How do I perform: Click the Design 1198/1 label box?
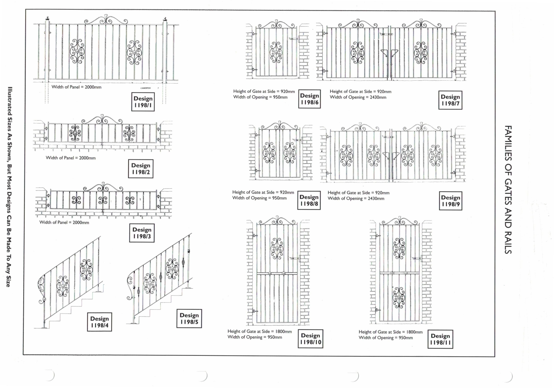pyautogui.click(x=143, y=102)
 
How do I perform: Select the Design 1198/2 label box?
pyautogui.click(x=141, y=168)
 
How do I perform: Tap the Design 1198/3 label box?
pyautogui.click(x=142, y=233)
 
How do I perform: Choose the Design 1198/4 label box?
pyautogui.click(x=99, y=322)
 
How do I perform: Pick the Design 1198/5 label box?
pyautogui.click(x=189, y=319)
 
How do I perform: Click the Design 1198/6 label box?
pyautogui.click(x=309, y=99)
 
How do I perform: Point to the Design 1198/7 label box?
pyautogui.click(x=450, y=100)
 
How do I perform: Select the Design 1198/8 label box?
pyautogui.click(x=309, y=200)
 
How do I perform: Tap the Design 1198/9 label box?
pyautogui.click(x=450, y=201)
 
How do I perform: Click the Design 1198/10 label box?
pyautogui.click(x=310, y=339)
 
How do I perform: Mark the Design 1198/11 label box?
pyautogui.click(x=440, y=339)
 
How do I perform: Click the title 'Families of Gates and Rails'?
pyautogui.click(x=508, y=190)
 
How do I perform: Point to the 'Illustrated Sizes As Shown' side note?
pyautogui.click(x=10, y=187)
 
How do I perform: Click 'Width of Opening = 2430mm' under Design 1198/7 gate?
pyautogui.click(x=358, y=97)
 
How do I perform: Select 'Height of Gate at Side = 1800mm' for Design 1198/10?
pyautogui.click(x=260, y=331)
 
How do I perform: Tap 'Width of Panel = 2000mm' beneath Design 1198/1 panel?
pyautogui.click(x=76, y=87)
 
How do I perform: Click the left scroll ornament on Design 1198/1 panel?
pyautogui.click(x=77, y=51)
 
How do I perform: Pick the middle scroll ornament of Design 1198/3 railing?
pyautogui.click(x=103, y=200)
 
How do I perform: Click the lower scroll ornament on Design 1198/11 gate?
pyautogui.click(x=399, y=297)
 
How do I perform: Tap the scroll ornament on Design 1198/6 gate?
pyautogui.click(x=276, y=52)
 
